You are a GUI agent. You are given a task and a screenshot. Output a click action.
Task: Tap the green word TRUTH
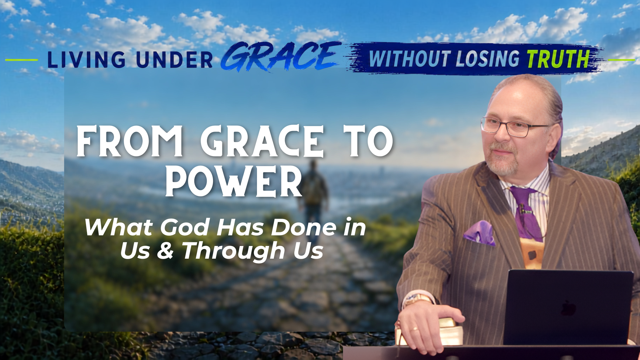pos(559,59)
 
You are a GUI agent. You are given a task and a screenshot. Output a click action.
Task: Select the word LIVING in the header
pos(87,60)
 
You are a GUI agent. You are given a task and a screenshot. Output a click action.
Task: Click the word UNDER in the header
pos(174,60)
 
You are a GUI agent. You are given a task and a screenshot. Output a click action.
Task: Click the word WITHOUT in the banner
pos(410,59)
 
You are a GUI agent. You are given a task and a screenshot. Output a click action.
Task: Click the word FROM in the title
pos(130,141)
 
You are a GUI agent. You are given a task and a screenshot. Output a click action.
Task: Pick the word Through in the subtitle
pos(234,251)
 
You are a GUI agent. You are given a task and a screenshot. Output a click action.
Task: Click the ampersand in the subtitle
pos(165,251)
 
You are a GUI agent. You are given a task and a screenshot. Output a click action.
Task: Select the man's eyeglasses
pos(515,127)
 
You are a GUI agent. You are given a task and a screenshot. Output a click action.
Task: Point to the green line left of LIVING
pos(22,60)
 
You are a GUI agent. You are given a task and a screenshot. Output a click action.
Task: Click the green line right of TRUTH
pos(621,60)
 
